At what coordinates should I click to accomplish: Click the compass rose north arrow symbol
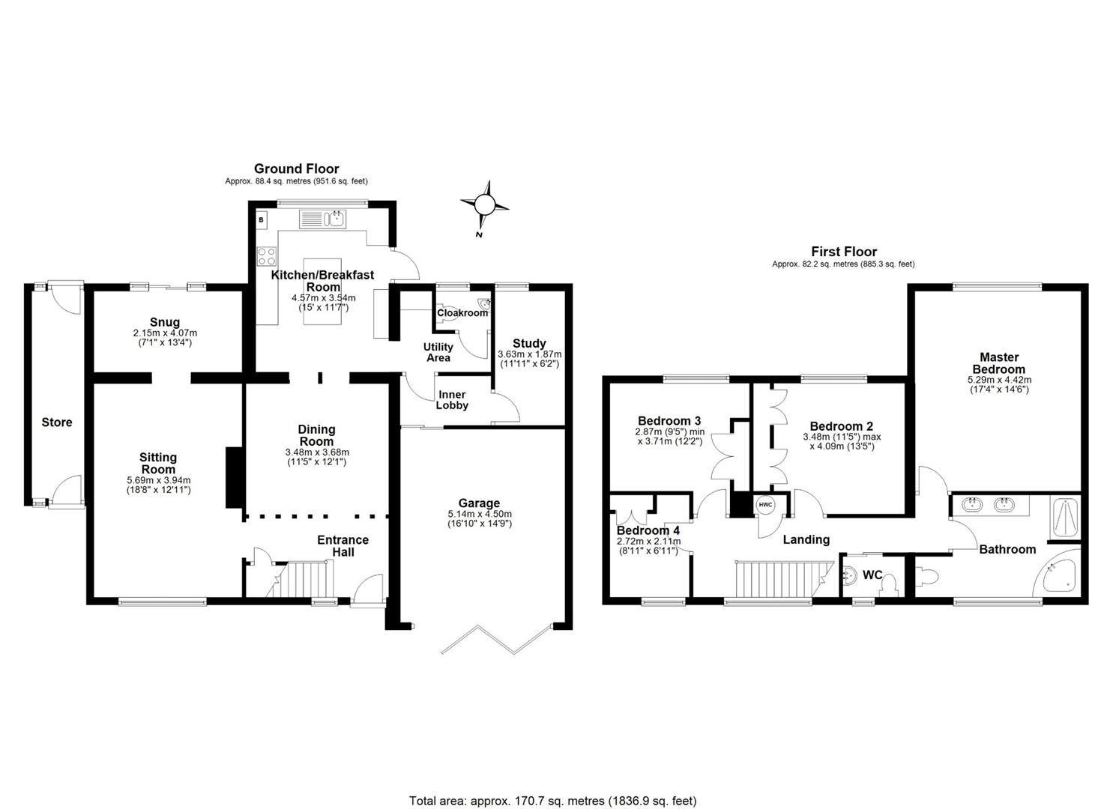[485, 204]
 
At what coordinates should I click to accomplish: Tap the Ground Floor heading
[296, 169]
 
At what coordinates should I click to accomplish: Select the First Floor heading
[843, 252]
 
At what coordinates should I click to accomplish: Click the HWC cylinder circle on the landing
[766, 505]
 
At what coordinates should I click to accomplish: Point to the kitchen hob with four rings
[266, 256]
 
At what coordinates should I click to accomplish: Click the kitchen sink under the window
[322, 219]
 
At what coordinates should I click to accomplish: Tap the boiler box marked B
[262, 220]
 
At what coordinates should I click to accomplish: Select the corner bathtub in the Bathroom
[1058, 578]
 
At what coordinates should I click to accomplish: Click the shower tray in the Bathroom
[1063, 518]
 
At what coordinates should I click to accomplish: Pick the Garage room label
[479, 503]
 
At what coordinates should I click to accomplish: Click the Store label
[57, 422]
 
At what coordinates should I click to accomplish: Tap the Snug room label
[165, 322]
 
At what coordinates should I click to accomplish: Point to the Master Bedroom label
[998, 363]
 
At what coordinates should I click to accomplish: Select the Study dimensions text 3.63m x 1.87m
[529, 354]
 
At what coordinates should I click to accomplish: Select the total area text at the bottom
[552, 801]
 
